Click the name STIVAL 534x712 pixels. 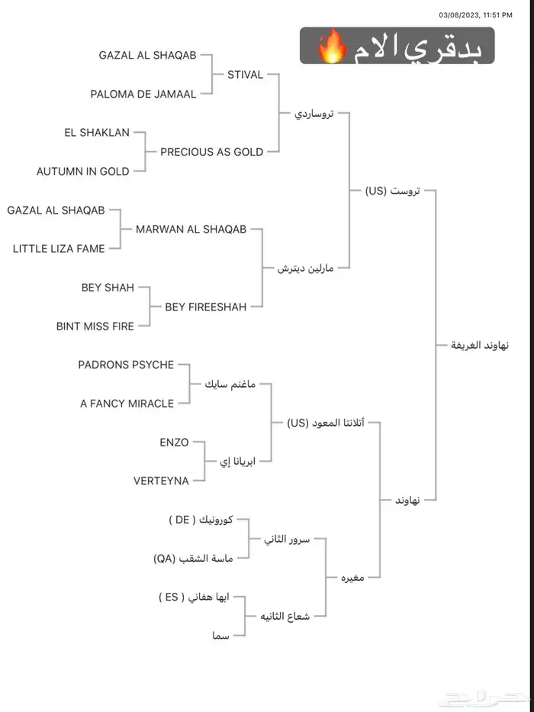245,75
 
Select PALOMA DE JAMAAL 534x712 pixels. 143,95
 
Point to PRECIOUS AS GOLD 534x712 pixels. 211,152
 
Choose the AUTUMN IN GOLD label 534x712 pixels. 83,172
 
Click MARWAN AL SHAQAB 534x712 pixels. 191,229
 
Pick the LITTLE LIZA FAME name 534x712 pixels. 59,249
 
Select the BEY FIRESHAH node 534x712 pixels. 206,307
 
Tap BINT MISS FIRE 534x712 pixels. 95,327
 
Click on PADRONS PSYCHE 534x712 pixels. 126,365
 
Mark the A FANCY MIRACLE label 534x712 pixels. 127,404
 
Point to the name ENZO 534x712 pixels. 174,443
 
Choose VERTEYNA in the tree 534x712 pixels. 161,481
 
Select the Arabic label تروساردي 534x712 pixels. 314,114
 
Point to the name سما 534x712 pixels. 220,635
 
